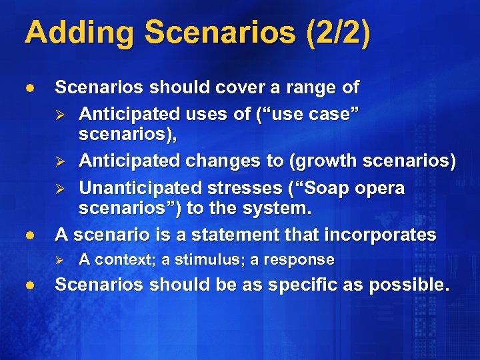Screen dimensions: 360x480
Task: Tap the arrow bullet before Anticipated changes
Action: coord(61,161)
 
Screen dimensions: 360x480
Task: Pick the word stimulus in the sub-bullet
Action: coord(199,259)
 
